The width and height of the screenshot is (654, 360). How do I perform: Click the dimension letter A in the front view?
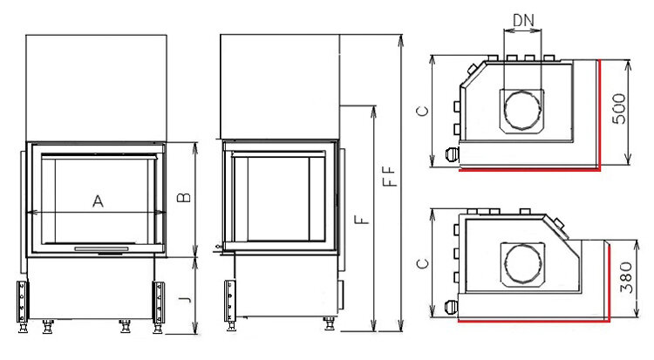[x=98, y=201]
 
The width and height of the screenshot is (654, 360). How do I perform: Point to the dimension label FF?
[x=389, y=176]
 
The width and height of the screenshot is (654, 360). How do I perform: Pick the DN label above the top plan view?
[x=523, y=20]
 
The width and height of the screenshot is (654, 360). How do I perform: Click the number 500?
[x=619, y=108]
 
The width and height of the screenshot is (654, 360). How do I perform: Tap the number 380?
[x=625, y=277]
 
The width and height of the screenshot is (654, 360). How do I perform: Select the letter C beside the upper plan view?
[x=423, y=111]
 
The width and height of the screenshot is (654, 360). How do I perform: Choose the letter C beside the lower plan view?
[x=423, y=263]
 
